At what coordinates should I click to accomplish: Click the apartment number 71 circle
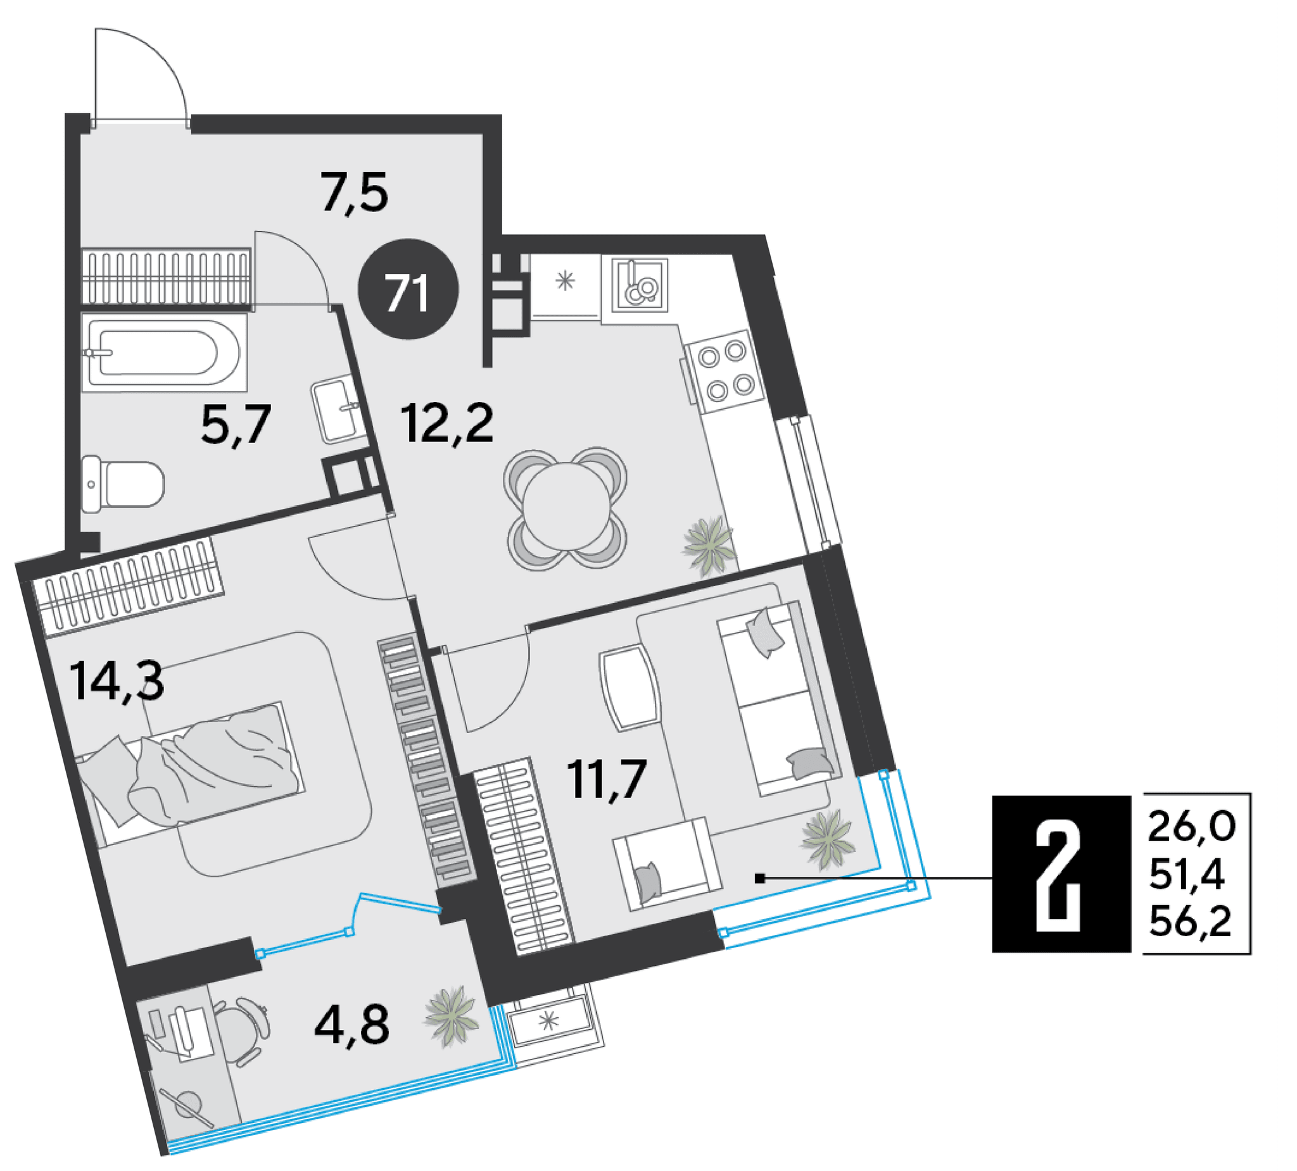pyautogui.click(x=408, y=289)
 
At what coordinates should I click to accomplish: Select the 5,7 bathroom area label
pyautogui.click(x=236, y=425)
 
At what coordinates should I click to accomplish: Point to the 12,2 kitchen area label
pyautogui.click(x=446, y=423)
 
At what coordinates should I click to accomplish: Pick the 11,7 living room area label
pyautogui.click(x=606, y=779)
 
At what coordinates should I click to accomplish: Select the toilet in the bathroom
pyautogui.click(x=123, y=484)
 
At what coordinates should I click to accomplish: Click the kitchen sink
pyautogui.click(x=640, y=284)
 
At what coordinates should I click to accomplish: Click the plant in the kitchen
pyautogui.click(x=709, y=546)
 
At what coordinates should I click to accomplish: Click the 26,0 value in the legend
pyautogui.click(x=1191, y=826)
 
